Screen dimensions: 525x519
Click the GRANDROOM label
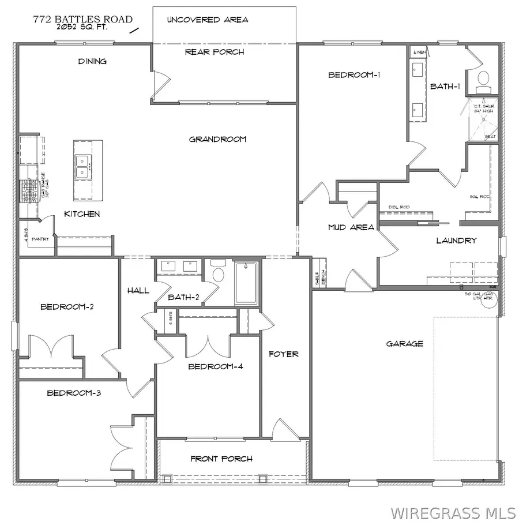pos(218,139)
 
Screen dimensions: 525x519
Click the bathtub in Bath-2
pos(246,283)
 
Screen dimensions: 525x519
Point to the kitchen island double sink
pos(82,166)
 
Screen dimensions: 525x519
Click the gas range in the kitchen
pos(26,192)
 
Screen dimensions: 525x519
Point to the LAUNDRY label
pos(456,241)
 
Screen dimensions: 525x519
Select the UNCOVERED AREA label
pos(208,20)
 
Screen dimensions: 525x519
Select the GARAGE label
pos(405,344)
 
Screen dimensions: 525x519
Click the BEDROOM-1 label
pos(354,74)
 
